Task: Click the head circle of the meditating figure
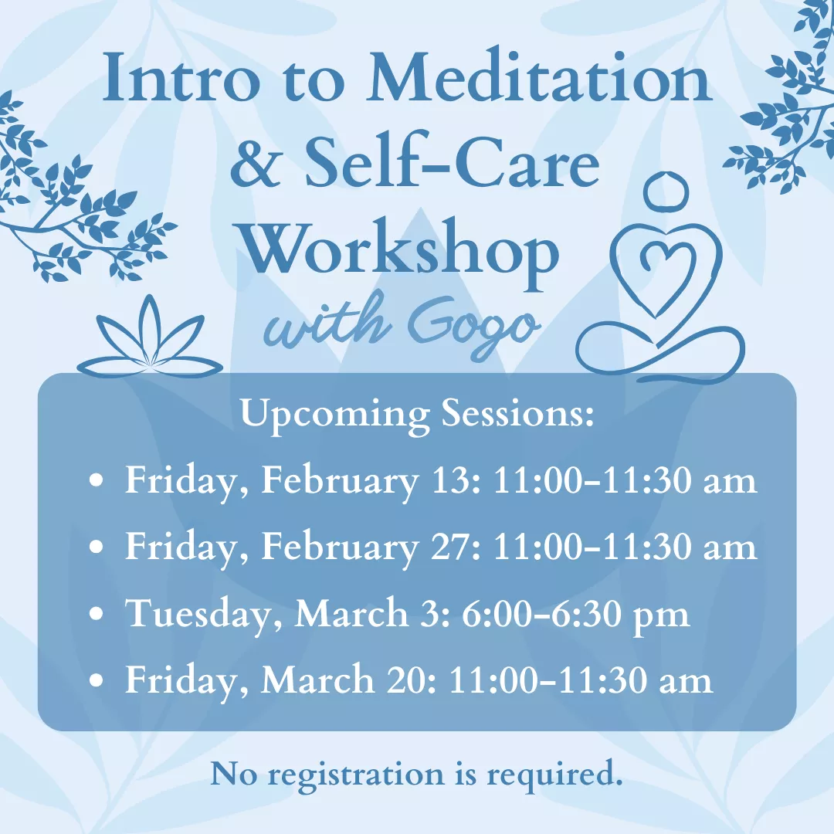pyautogui.click(x=666, y=191)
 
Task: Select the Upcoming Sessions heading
pyautogui.click(x=417, y=415)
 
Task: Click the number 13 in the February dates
pyautogui.click(x=446, y=481)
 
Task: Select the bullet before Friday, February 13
pyautogui.click(x=97, y=481)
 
